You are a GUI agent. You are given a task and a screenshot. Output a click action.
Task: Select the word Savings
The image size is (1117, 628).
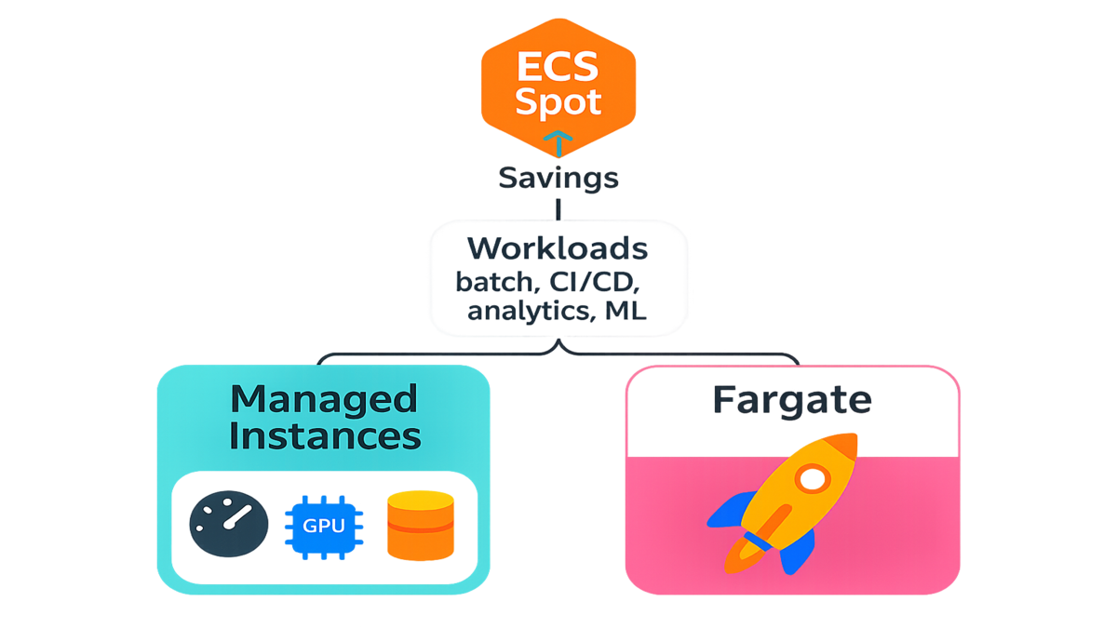coord(558,178)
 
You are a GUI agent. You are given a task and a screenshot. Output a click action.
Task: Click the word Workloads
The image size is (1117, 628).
coord(558,249)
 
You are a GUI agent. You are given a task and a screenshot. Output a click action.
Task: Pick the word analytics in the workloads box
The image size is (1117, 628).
coord(525,312)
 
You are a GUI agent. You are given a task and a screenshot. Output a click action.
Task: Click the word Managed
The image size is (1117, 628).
coord(324,398)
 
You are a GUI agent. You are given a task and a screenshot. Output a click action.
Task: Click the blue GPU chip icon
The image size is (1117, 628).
coord(323,526)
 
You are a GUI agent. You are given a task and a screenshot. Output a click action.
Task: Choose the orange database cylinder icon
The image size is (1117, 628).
coord(420,526)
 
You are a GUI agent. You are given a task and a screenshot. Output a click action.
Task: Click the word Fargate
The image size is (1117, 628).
coord(792,400)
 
